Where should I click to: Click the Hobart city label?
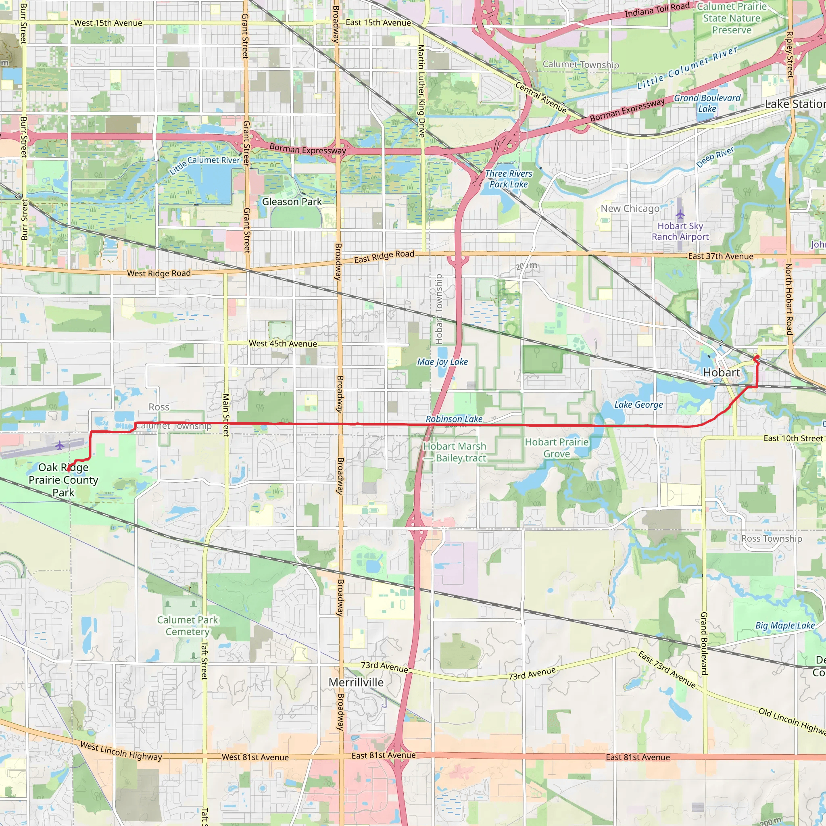pyautogui.click(x=721, y=373)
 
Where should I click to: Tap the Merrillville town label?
pyautogui.click(x=356, y=682)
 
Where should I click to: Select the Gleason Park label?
pyautogui.click(x=292, y=202)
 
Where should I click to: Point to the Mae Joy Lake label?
pyautogui.click(x=442, y=362)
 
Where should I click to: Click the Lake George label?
pyautogui.click(x=638, y=405)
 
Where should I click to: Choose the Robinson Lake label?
pyautogui.click(x=454, y=419)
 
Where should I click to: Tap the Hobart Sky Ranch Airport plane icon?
pyautogui.click(x=680, y=214)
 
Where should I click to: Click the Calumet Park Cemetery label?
pyautogui.click(x=188, y=626)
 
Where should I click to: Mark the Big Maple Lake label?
pyautogui.click(x=785, y=626)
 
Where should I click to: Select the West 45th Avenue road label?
pyautogui.click(x=283, y=344)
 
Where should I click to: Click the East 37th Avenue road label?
pyautogui.click(x=720, y=257)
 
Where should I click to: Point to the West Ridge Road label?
pyautogui.click(x=159, y=273)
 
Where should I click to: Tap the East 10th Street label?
pyautogui.click(x=793, y=439)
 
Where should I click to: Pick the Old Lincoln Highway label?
pyautogui.click(x=791, y=721)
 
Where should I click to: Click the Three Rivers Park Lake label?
pyautogui.click(x=508, y=179)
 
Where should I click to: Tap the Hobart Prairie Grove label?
pyautogui.click(x=557, y=448)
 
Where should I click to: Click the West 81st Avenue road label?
pyautogui.click(x=255, y=757)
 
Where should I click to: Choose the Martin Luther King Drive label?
pyautogui.click(x=421, y=91)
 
